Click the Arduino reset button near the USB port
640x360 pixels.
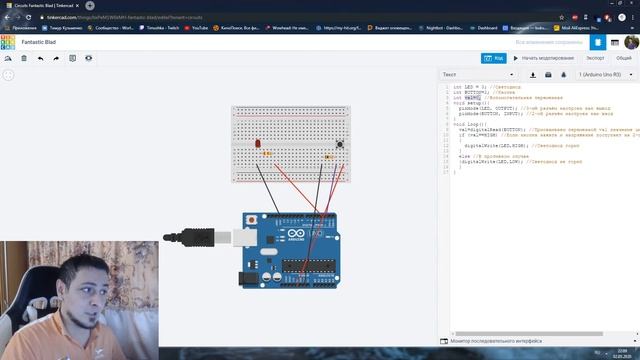(251, 220)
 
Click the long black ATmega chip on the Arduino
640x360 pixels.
(309, 265)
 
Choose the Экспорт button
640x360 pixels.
(594, 58)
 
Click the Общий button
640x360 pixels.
(623, 58)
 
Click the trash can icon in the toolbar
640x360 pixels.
(24, 58)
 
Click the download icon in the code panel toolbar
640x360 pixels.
(534, 74)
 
